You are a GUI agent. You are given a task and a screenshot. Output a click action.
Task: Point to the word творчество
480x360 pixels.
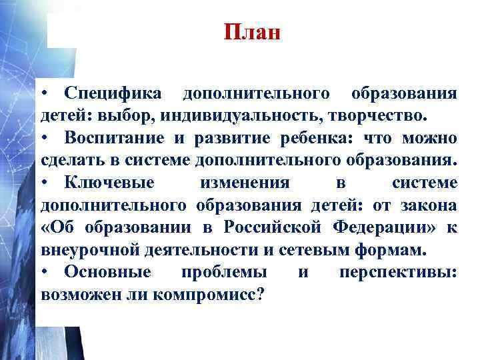(x=375, y=115)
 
